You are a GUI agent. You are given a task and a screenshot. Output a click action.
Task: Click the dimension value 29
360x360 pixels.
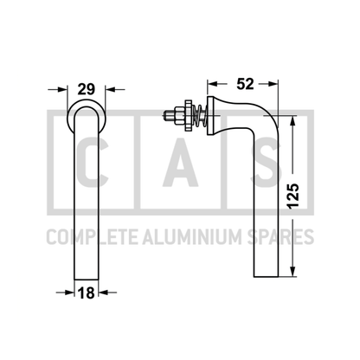87,89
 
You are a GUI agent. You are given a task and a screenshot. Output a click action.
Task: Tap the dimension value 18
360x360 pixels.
87,293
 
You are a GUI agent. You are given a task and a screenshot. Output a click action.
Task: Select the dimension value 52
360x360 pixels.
245,84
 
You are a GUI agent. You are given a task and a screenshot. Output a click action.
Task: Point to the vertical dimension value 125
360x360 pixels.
293,196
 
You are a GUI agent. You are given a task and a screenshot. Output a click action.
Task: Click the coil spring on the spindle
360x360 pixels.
200,116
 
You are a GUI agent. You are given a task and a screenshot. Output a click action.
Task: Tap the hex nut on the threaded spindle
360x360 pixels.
178,116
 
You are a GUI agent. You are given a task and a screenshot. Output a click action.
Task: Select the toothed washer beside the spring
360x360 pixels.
188,116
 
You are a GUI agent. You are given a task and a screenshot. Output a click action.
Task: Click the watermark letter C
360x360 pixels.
93,163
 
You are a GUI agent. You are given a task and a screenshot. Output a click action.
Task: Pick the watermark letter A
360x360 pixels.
181,163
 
